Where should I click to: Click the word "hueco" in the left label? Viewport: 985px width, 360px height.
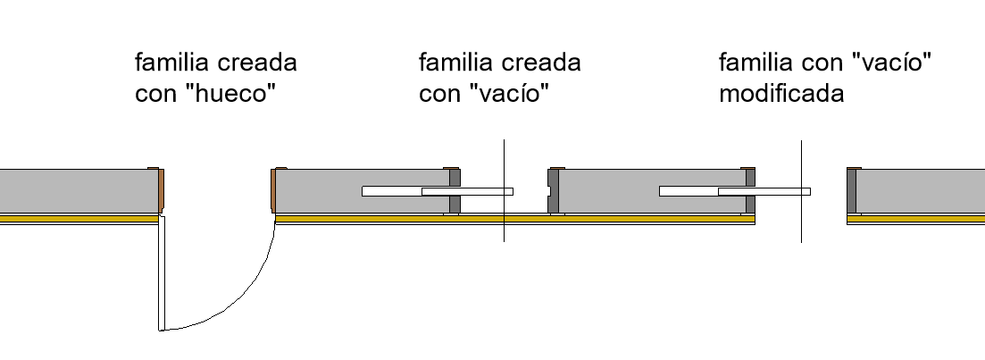[x=236, y=94]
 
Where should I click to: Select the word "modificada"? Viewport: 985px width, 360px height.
[x=781, y=94]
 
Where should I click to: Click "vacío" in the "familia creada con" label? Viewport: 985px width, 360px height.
[x=509, y=94]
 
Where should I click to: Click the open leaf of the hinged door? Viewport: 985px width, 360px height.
[x=162, y=272]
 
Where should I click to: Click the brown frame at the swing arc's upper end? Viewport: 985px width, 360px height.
[x=274, y=189]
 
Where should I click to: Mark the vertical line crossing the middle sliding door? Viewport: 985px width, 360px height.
[x=504, y=190]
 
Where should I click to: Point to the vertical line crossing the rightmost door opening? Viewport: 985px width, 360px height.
[x=801, y=191]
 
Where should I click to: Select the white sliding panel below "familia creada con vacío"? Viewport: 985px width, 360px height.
[x=438, y=191]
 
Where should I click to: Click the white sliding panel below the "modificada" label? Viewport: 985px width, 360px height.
[x=734, y=191]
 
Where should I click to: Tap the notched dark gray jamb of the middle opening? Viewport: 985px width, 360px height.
[x=554, y=191]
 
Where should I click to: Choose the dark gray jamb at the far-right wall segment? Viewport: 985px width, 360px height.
[x=851, y=191]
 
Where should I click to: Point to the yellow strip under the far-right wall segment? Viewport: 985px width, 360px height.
[x=916, y=219]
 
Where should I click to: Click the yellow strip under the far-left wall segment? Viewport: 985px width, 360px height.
[x=79, y=219]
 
